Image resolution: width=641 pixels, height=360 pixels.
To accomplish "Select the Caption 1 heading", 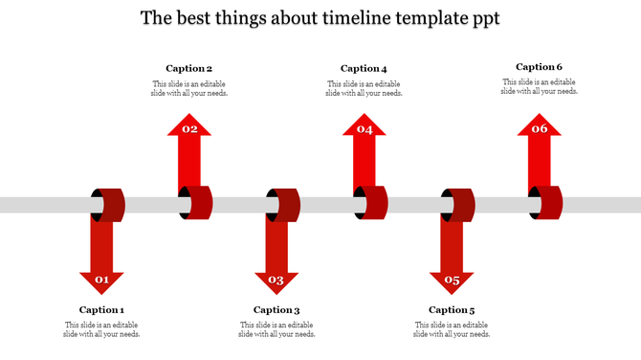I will [x=102, y=309].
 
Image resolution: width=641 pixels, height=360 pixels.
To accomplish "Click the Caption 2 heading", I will [x=189, y=68].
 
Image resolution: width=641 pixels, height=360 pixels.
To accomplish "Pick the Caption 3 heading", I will [x=276, y=309].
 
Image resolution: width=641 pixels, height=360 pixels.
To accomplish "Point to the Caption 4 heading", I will [x=364, y=68].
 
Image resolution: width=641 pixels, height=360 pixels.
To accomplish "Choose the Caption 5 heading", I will [x=452, y=309].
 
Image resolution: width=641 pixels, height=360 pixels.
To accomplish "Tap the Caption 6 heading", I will [x=539, y=67].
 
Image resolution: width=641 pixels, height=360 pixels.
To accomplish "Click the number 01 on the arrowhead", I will [x=101, y=281].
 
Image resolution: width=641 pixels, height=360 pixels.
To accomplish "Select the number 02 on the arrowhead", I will [x=189, y=128].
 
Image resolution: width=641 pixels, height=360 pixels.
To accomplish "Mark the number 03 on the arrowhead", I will [x=276, y=281].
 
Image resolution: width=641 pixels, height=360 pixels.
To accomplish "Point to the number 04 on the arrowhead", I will [x=365, y=128].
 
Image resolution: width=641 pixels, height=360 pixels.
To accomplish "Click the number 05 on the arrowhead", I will [x=452, y=281].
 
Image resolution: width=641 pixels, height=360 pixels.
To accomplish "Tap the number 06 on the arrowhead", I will [x=540, y=128].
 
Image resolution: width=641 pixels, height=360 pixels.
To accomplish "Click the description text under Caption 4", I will [x=364, y=88].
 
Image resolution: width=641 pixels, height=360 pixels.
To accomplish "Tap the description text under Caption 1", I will [x=102, y=329].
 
